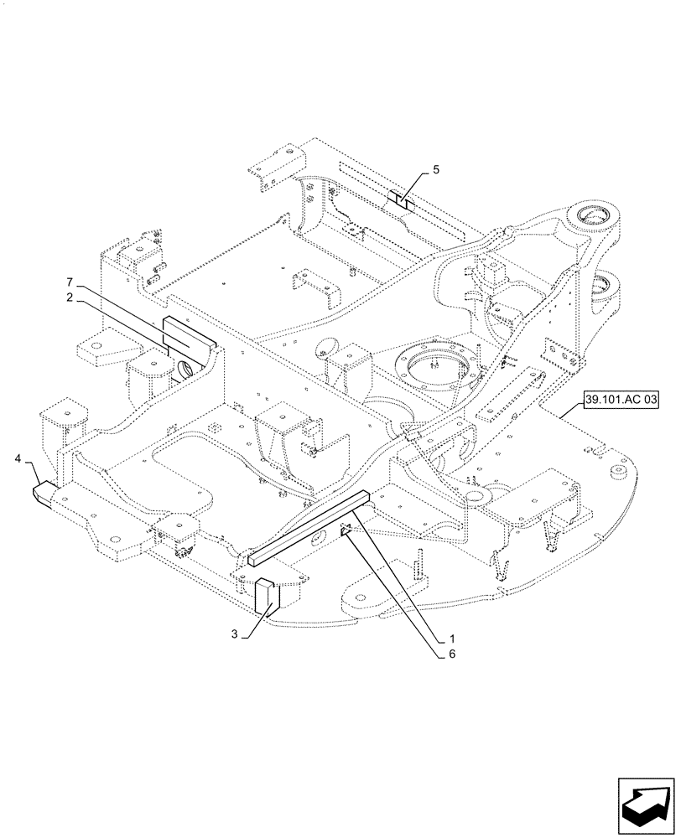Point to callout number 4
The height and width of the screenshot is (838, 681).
[x=18, y=458]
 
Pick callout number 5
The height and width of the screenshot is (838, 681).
[x=435, y=170]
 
